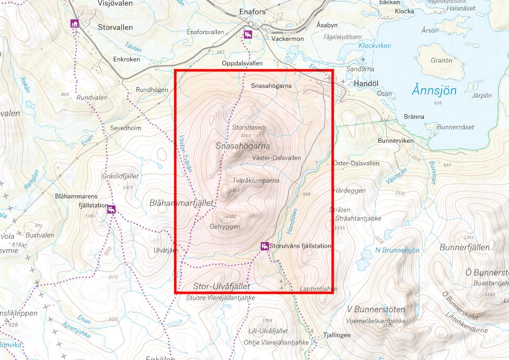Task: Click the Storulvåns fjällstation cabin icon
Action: click(265, 246)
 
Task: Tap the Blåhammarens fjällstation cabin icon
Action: click(111, 210)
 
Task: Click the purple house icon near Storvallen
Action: click(75, 24)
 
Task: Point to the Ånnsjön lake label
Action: click(433, 90)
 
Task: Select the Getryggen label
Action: click(225, 227)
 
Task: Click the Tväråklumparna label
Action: click(256, 180)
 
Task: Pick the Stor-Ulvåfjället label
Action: click(221, 286)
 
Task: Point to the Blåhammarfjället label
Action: click(182, 202)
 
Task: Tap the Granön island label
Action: click(441, 60)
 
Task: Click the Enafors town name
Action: click(253, 11)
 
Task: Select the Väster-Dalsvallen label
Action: click(277, 157)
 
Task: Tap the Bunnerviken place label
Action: click(396, 141)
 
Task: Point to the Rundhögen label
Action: click(152, 90)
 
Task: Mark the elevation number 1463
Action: click(246, 135)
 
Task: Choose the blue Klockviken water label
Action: click(375, 46)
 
